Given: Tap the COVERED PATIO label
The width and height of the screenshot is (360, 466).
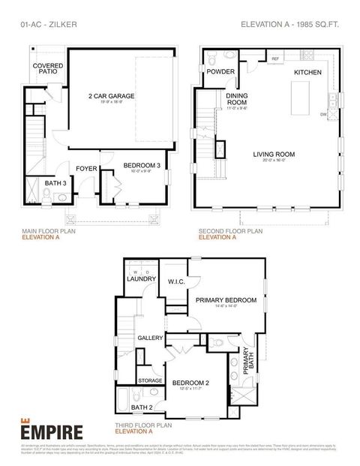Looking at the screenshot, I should [47, 69].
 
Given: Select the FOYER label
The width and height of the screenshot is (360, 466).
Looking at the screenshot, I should [86, 169].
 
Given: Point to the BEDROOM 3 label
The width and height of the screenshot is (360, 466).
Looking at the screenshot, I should [141, 164].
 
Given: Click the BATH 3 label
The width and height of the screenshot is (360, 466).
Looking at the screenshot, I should [55, 182].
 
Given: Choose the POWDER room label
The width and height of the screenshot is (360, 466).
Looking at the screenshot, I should [220, 71].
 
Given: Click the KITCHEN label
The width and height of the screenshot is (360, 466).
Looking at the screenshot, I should [307, 72].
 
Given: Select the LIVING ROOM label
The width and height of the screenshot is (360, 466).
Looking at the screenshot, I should [273, 155].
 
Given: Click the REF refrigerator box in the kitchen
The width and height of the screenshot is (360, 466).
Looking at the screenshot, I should [275, 58].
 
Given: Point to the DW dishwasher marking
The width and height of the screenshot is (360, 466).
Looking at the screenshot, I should [323, 115].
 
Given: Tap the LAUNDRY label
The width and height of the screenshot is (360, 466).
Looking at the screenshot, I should [141, 279].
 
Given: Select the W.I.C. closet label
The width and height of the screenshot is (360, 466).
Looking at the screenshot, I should [176, 282].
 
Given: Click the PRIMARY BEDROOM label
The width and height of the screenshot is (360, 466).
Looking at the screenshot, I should [226, 300].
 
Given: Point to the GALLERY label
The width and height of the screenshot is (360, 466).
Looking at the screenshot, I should [150, 338].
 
